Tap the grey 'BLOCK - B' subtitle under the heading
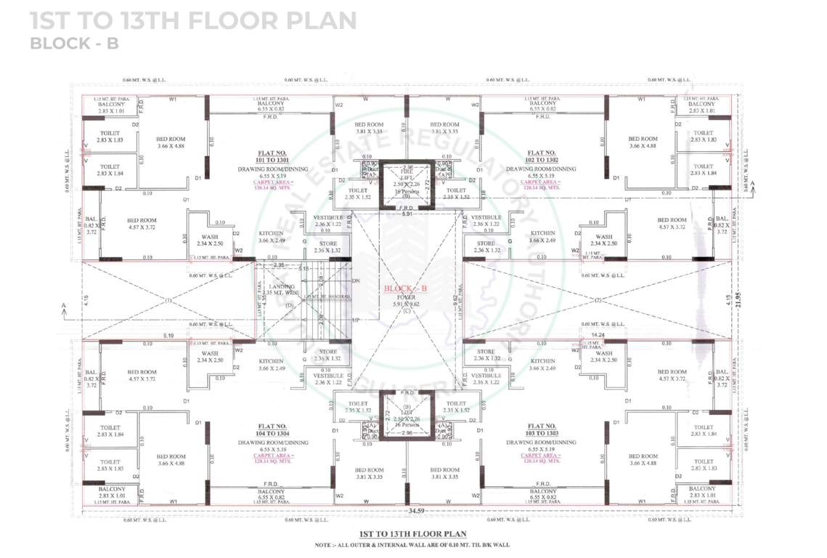(73, 43)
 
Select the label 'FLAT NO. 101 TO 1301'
(273, 158)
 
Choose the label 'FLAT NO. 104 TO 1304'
(273, 430)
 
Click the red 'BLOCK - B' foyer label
(407, 288)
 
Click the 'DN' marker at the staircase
(355, 280)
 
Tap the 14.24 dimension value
(599, 336)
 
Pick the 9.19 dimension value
(168, 336)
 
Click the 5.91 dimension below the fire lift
(407, 214)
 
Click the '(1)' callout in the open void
(168, 300)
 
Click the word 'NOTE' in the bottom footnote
(324, 544)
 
